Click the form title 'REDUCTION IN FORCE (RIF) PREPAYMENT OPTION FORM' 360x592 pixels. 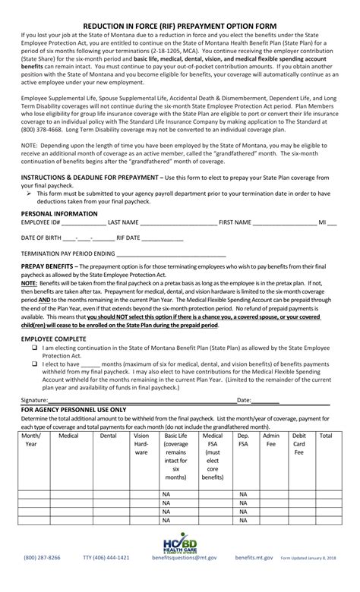[180, 24]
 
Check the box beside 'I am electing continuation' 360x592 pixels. [35, 346]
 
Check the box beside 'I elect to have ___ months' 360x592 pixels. [35, 363]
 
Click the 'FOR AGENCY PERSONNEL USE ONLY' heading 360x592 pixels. [74, 408]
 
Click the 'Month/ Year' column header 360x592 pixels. [32, 440]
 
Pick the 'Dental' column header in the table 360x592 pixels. [109, 436]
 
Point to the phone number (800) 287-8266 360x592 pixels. [43, 578]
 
